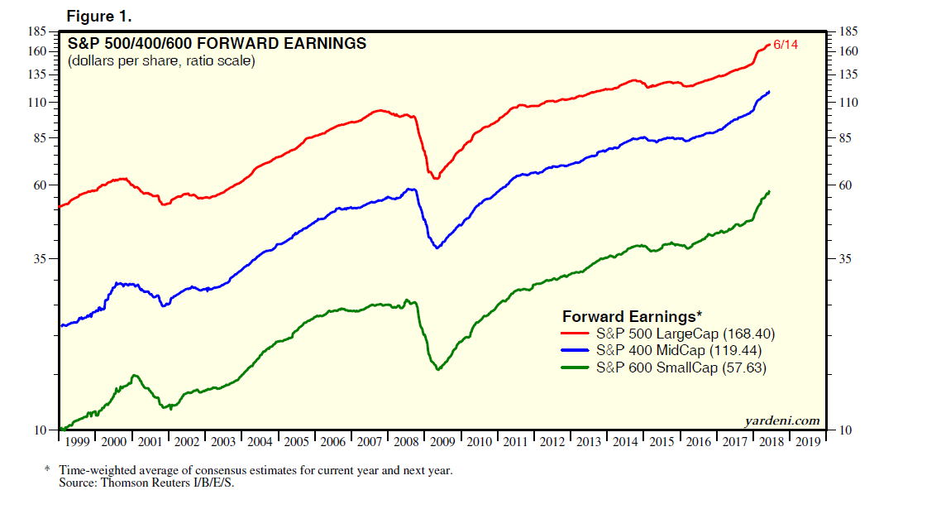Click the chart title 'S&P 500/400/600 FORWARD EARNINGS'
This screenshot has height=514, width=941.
point(217,44)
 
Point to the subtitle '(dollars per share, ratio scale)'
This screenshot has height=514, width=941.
point(160,61)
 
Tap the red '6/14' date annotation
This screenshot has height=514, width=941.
point(786,43)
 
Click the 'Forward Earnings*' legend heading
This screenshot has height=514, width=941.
point(632,317)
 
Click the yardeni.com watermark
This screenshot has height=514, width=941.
point(782,420)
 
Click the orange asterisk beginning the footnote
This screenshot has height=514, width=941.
point(47,469)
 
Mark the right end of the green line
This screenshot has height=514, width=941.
point(769,192)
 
